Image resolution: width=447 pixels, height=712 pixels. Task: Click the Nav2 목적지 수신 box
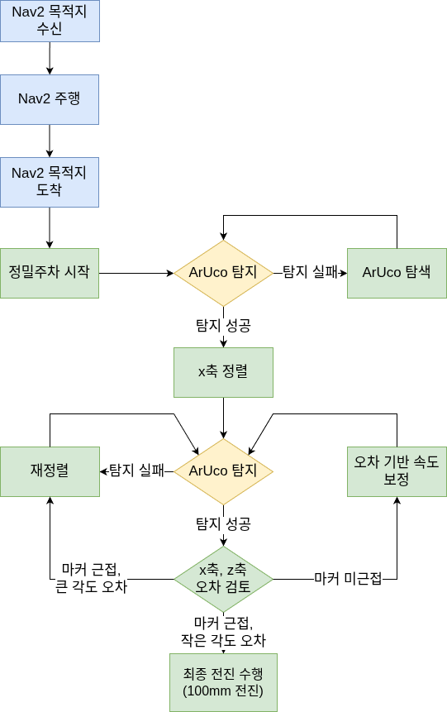50,22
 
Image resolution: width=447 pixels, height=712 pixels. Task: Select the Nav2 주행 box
50,99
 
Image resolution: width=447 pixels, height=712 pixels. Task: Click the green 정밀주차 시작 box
50,273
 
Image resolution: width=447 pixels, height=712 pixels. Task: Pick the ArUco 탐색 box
397,273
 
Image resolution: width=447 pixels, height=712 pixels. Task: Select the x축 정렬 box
223,372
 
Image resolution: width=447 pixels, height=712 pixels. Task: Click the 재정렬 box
50,471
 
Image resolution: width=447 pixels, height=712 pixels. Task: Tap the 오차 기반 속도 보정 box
397,471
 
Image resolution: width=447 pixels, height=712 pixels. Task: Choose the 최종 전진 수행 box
223,682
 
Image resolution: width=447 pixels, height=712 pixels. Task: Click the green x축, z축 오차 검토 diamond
223,579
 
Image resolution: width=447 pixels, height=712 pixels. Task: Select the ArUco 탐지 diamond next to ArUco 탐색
223,273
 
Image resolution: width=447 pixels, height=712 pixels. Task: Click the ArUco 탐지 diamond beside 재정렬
223,471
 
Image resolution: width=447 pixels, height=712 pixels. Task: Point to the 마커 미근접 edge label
348,579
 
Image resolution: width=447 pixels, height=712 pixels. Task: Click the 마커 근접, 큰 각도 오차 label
91,579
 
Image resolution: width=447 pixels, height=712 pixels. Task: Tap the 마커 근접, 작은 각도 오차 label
223,631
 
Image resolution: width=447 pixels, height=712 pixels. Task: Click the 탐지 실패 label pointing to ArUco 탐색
310,272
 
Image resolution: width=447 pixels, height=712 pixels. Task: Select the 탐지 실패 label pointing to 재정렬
136,471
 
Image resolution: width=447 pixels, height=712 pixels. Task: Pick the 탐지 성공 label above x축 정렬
223,325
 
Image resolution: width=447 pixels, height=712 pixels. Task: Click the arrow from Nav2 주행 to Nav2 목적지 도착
50,141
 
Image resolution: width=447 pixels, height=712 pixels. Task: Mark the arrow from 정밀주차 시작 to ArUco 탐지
136,273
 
